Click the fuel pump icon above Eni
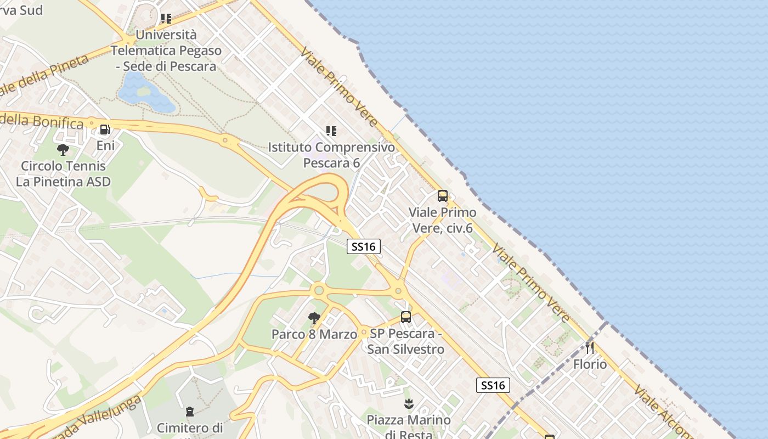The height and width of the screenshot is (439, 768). pyautogui.click(x=105, y=130)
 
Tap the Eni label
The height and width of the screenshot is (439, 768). pyautogui.click(x=105, y=145)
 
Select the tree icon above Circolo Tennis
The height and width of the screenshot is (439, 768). pyautogui.click(x=63, y=149)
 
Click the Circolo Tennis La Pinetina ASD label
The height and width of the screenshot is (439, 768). pyautogui.click(x=63, y=173)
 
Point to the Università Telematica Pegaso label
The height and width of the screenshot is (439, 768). pyautogui.click(x=166, y=50)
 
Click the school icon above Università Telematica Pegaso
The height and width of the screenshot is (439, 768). pyautogui.click(x=166, y=19)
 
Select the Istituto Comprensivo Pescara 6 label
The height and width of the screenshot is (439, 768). pyautogui.click(x=331, y=155)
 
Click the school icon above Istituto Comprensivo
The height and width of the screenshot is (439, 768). pyautogui.click(x=331, y=131)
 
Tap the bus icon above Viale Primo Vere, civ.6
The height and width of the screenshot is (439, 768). pyautogui.click(x=443, y=196)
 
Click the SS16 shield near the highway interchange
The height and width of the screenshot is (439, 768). pyautogui.click(x=364, y=246)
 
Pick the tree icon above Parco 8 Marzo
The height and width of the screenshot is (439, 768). pyautogui.click(x=314, y=318)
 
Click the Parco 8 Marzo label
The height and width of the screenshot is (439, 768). pyautogui.click(x=314, y=334)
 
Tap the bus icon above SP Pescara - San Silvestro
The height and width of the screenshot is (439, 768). pyautogui.click(x=406, y=317)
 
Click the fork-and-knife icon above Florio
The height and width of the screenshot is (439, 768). pyautogui.click(x=590, y=347)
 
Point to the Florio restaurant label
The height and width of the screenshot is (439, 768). pyautogui.click(x=590, y=364)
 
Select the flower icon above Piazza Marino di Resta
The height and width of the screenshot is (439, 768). pyautogui.click(x=408, y=404)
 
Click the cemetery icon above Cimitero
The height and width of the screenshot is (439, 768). pyautogui.click(x=190, y=411)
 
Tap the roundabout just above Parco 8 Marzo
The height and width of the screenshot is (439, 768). pyautogui.click(x=318, y=290)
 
